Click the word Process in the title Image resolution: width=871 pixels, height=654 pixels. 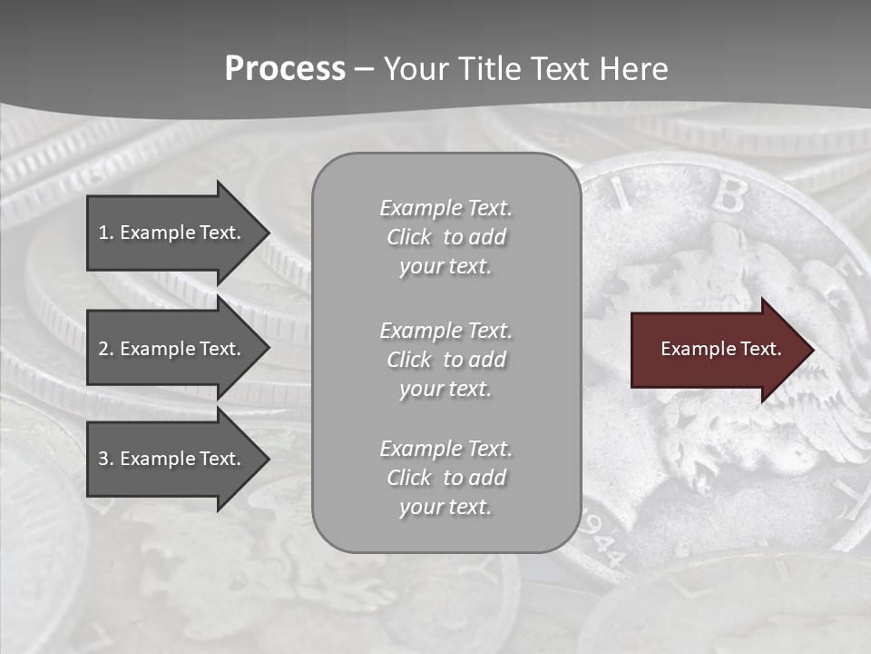click(285, 69)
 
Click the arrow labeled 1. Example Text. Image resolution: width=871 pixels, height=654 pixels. click(172, 233)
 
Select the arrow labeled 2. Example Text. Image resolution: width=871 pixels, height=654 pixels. click(172, 349)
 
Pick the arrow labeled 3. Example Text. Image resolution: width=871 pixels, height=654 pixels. click(172, 459)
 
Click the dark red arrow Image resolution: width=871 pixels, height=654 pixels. click(717, 349)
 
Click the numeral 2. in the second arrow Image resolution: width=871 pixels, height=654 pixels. click(105, 349)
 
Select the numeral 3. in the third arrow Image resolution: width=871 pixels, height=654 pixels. click(105, 459)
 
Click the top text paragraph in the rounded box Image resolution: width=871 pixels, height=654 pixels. click(445, 237)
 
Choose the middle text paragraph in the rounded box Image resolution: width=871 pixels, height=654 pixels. click(445, 360)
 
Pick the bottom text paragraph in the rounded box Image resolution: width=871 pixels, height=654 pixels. click(445, 478)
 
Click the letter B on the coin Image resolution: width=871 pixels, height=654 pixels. click(728, 193)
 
